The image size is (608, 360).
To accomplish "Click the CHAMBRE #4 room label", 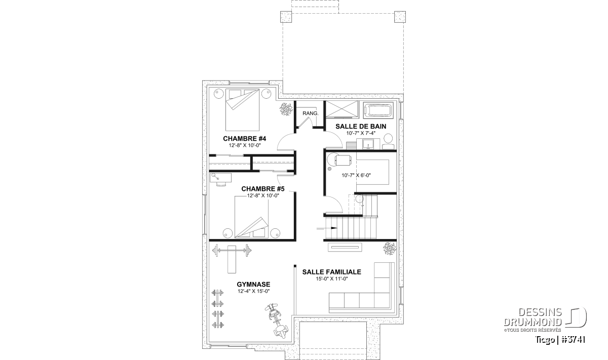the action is (x=244, y=139).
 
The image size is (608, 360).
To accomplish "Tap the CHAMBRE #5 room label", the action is (x=263, y=188).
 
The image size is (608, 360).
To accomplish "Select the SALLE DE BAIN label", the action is (x=361, y=127).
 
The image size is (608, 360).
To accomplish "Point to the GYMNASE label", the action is (x=253, y=285).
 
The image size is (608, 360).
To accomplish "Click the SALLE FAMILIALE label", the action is (x=332, y=272).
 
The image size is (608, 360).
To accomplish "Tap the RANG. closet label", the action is (x=310, y=113).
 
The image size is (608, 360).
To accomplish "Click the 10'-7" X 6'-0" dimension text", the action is (x=356, y=175).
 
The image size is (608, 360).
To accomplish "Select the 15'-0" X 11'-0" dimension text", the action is (x=332, y=278).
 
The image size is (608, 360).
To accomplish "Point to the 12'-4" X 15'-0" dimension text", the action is (x=253, y=291).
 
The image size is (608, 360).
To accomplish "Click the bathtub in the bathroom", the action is (x=378, y=110).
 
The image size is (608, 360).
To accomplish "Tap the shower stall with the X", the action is (x=341, y=109).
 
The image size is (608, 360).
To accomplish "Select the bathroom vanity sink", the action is (x=368, y=144).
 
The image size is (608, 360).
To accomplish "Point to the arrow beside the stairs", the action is (x=327, y=228).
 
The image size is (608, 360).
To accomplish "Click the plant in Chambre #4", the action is (x=286, y=109).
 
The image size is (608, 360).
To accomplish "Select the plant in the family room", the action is (x=390, y=249).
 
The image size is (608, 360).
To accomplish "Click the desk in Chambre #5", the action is (x=220, y=178).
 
